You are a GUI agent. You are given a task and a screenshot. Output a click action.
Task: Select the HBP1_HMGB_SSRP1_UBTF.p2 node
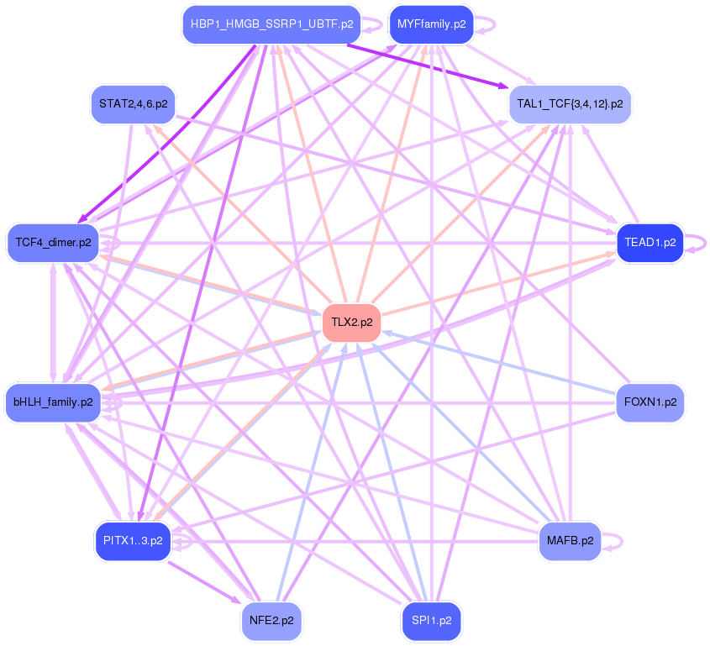click(271, 24)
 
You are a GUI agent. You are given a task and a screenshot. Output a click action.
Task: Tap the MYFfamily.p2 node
click(431, 24)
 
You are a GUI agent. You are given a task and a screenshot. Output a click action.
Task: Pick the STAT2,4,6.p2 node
click(133, 104)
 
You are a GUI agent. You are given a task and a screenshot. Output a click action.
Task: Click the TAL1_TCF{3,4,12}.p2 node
click(570, 104)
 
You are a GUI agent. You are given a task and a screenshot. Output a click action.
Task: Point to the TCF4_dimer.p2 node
click(54, 243)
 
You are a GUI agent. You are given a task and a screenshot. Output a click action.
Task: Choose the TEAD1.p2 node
click(650, 243)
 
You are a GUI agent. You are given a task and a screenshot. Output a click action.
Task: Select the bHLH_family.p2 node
click(54, 402)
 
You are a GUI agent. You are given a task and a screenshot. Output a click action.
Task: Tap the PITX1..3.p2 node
click(133, 540)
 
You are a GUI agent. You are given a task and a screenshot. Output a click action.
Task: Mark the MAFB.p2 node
click(570, 540)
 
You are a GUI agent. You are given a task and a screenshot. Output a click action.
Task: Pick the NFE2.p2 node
click(271, 621)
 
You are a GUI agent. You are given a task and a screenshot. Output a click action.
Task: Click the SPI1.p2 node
click(431, 621)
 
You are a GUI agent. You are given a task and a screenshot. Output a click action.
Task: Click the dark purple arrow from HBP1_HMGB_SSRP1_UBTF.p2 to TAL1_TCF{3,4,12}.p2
click(429, 66)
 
